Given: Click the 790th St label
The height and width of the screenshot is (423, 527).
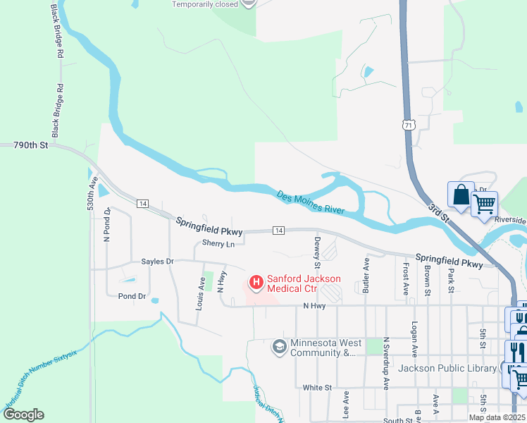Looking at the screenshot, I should [30, 145].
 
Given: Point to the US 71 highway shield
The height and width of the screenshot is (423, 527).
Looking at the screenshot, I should [408, 125].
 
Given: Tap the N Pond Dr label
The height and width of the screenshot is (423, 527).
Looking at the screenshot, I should [107, 225].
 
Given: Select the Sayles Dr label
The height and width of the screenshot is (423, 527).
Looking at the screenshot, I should [157, 262].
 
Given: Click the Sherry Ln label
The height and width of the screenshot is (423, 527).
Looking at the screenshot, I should [218, 244].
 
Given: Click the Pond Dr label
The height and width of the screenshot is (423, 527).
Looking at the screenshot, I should [132, 297].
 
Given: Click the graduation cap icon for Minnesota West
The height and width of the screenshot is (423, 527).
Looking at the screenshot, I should [279, 347].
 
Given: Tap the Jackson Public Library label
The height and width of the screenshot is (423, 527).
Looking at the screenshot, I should [447, 368].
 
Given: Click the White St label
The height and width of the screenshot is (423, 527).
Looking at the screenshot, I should [317, 388].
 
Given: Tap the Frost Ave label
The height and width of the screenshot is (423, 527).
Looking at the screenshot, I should [406, 279].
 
